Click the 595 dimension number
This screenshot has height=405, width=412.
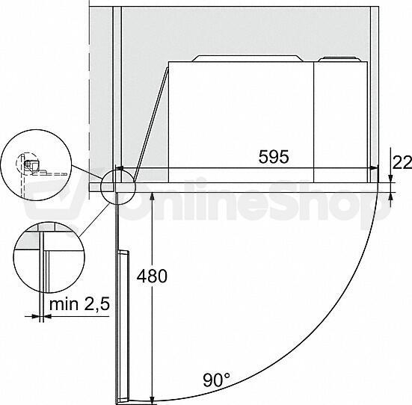coord(274,157)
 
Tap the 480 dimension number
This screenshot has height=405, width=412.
coord(152,276)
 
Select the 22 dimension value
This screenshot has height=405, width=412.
coord(402,163)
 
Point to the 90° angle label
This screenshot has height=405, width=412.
coord(216,380)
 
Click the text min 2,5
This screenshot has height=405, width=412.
coord(79,304)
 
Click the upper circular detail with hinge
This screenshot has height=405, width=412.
coord(36,165)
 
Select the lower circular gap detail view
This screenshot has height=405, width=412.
coord(49,257)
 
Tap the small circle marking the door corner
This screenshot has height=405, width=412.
coord(117,187)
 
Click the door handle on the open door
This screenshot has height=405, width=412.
coord(123,327)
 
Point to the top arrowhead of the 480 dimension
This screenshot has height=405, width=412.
coord(153,196)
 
